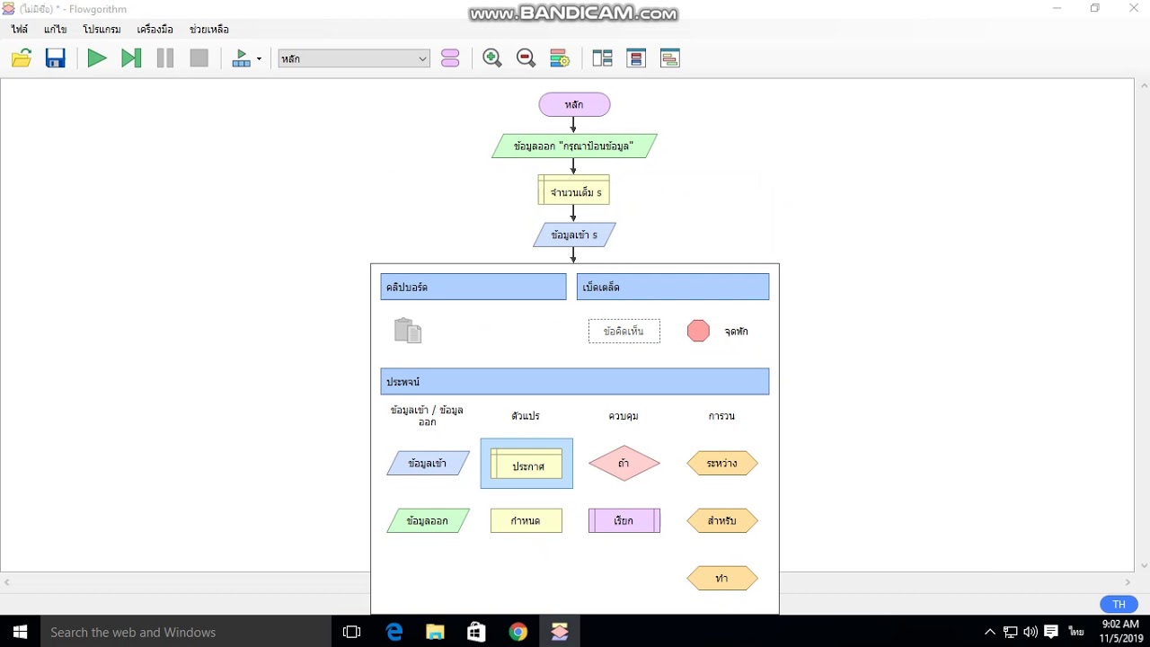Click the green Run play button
click(97, 58)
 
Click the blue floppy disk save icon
click(56, 58)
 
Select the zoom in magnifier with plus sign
click(491, 58)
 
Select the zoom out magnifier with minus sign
click(526, 58)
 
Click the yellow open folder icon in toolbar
click(22, 58)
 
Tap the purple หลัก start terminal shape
click(574, 105)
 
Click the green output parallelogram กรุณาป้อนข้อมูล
click(574, 146)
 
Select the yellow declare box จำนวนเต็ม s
click(573, 190)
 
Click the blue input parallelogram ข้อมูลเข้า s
click(574, 235)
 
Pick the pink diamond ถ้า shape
click(624, 463)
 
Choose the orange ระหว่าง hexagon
click(721, 463)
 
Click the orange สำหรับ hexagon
click(721, 520)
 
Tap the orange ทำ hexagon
click(721, 578)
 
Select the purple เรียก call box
click(624, 520)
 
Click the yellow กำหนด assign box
click(526, 520)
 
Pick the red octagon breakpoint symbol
click(698, 332)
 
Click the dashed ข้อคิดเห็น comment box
click(624, 332)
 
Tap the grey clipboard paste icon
click(408, 330)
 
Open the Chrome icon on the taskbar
click(517, 632)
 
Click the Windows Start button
click(20, 632)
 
